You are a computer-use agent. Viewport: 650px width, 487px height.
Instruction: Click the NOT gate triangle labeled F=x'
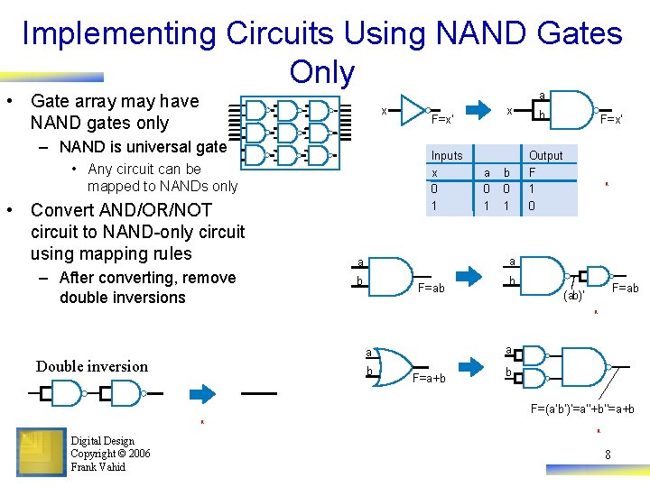click(413, 109)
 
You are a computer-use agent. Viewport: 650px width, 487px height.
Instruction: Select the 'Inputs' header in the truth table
click(446, 155)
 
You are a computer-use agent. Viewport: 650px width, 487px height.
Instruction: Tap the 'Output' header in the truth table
click(545, 155)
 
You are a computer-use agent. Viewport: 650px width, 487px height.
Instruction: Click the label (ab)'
click(573, 295)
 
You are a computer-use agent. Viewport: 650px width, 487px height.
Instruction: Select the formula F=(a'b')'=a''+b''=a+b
click(581, 409)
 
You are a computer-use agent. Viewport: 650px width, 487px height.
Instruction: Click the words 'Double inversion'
click(92, 366)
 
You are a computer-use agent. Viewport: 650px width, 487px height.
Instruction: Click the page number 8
click(608, 455)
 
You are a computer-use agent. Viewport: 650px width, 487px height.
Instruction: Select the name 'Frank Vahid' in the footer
click(98, 467)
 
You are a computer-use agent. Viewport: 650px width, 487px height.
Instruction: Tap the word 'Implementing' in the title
click(119, 34)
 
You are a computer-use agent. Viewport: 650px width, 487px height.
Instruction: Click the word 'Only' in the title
click(322, 72)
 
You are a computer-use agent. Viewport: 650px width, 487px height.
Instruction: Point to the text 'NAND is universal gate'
click(143, 147)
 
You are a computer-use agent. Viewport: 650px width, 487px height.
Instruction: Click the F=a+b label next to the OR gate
click(429, 378)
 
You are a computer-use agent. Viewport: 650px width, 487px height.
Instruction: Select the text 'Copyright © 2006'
click(110, 454)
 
